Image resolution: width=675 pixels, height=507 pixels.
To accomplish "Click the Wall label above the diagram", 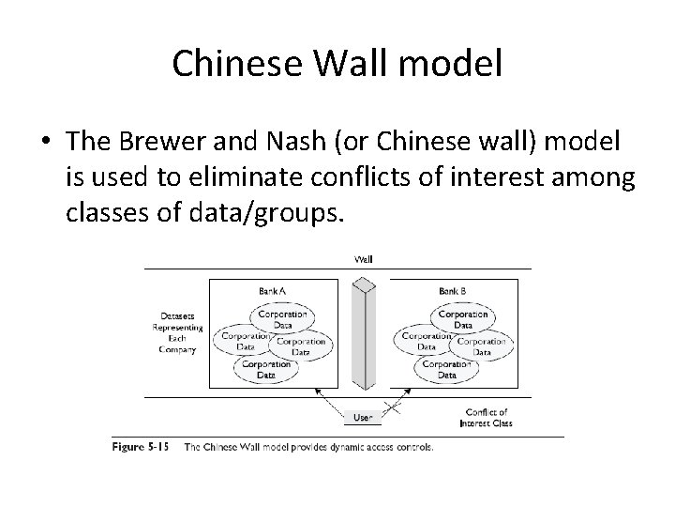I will [362, 260].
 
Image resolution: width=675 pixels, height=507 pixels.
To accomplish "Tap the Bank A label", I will [273, 292].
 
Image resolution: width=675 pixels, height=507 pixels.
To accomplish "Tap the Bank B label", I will [453, 292].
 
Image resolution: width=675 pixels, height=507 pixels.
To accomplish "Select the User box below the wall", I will [362, 417].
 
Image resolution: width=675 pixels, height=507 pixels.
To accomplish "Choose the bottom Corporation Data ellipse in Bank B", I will [446, 369].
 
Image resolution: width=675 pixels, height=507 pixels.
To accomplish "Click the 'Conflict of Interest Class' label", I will [486, 418].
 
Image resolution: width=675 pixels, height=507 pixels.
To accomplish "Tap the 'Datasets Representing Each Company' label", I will [176, 332].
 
